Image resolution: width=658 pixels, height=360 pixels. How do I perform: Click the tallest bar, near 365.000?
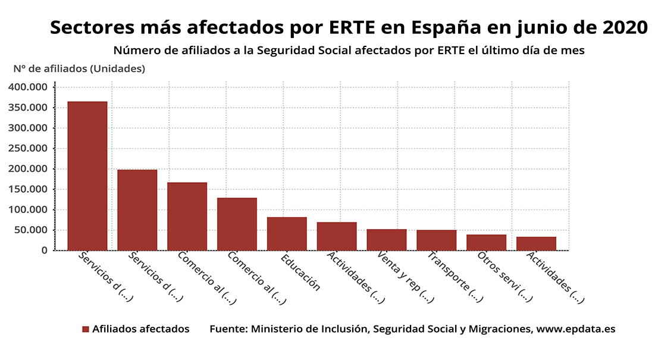tap(87, 176)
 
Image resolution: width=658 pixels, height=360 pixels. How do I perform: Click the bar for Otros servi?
tap(486, 242)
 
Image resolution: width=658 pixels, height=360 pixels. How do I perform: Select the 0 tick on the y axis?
tap(45, 251)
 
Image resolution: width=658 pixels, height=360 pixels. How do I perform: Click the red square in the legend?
tap(86, 329)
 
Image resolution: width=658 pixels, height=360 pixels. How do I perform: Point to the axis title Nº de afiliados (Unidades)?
tap(79, 68)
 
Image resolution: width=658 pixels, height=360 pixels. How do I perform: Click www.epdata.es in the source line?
tap(576, 329)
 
